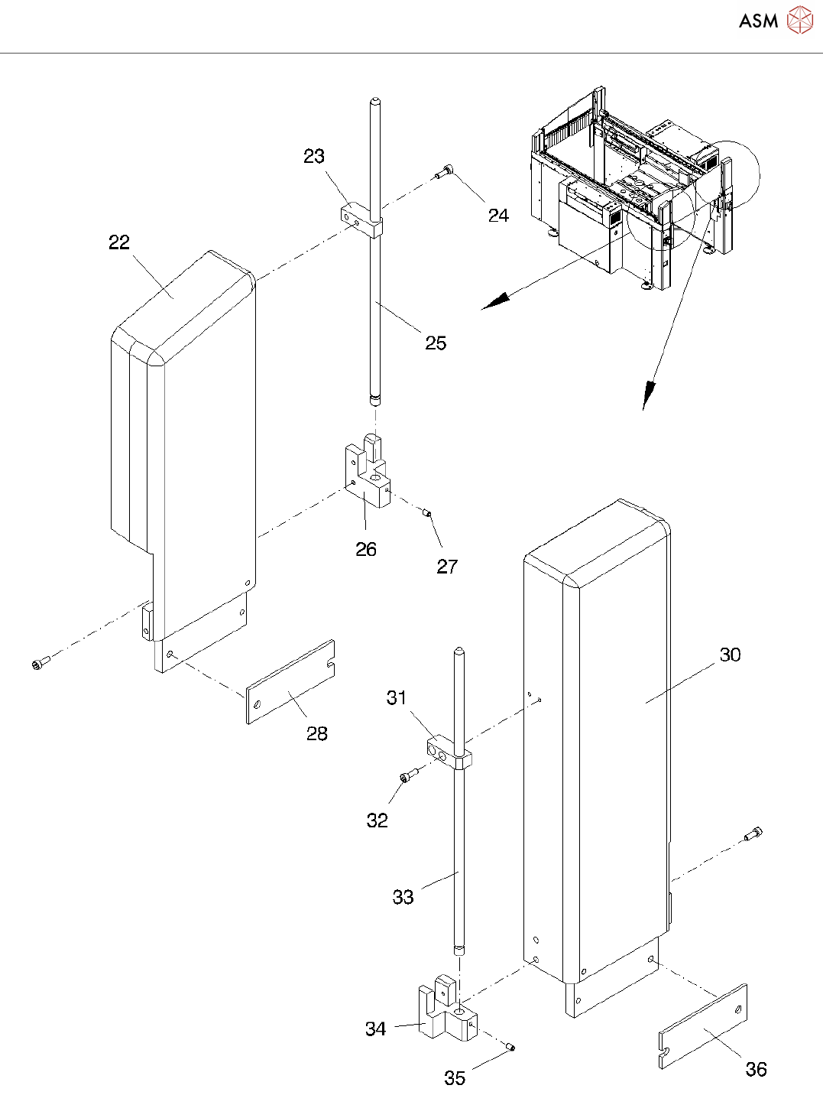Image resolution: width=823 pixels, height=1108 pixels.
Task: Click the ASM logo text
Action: tap(758, 21)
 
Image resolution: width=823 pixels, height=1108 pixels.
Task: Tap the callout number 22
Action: tap(119, 242)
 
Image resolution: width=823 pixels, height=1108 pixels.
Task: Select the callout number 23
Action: tap(314, 156)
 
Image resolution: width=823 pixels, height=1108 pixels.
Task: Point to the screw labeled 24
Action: tap(445, 173)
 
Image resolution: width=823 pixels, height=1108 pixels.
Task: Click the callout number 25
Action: tap(436, 343)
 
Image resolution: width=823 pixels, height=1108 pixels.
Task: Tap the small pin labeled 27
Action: tap(428, 514)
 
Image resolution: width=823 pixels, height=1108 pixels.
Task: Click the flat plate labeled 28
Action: tap(290, 682)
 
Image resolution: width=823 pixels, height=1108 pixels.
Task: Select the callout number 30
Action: tap(731, 655)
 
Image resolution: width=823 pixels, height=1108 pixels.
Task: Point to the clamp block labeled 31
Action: tap(446, 752)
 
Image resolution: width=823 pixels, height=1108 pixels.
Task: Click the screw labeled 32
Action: tap(408, 776)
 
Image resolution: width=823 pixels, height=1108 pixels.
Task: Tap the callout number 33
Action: tap(403, 897)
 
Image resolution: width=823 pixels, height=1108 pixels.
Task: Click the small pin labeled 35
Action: tap(510, 1048)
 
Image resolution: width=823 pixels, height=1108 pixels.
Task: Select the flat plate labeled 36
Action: tap(703, 1026)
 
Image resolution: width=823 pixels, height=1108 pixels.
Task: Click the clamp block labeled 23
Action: tap(359, 219)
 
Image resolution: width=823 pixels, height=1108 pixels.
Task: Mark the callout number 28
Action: tap(317, 734)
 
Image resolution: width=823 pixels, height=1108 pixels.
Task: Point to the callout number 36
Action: tap(756, 1070)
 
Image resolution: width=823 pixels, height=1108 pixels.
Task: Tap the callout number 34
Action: tap(375, 1029)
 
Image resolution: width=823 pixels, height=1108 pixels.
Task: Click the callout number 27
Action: tap(447, 567)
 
